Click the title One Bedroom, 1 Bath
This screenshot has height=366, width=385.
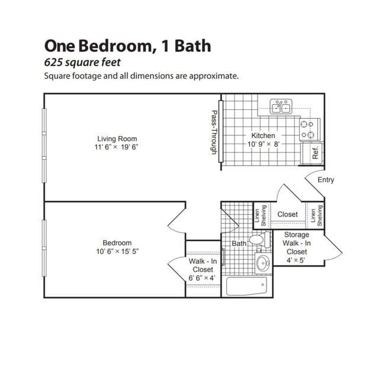click(x=127, y=46)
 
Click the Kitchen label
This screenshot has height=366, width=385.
click(x=263, y=135)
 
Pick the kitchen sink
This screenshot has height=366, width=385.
click(x=281, y=107)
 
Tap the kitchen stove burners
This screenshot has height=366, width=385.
click(x=307, y=129)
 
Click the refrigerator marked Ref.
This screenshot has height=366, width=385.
click(x=314, y=153)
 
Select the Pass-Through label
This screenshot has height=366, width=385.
click(x=214, y=133)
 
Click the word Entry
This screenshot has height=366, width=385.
click(x=326, y=180)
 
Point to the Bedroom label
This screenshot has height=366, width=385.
click(x=117, y=243)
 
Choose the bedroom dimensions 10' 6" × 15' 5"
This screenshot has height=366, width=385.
click(x=117, y=252)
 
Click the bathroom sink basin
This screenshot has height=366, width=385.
click(x=262, y=263)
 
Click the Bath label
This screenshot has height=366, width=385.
click(x=239, y=244)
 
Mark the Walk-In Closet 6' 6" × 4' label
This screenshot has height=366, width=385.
click(x=203, y=269)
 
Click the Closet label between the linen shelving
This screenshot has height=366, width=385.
click(x=287, y=215)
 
